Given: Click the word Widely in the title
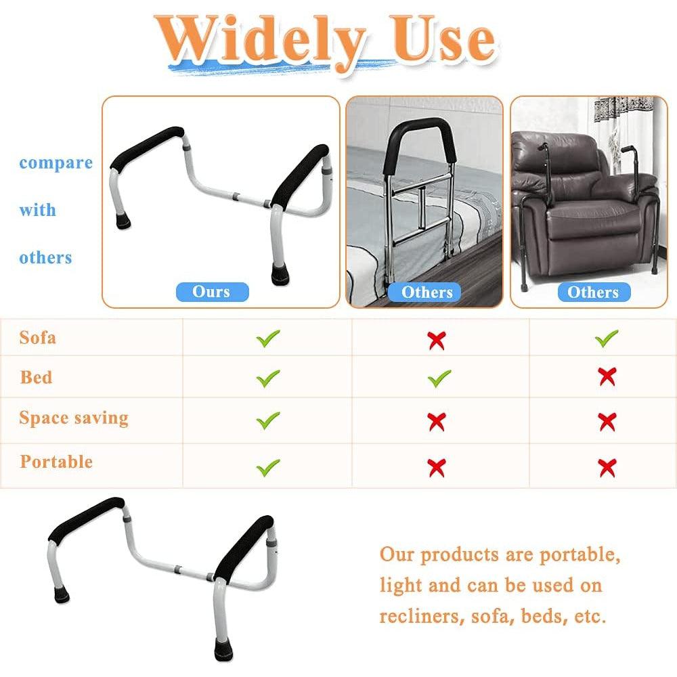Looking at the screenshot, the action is (261, 41).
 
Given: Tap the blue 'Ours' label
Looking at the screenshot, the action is (212, 292).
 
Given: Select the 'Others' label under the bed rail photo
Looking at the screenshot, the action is (424, 292).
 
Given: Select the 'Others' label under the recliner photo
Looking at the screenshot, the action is (594, 292).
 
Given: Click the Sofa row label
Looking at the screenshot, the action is (37, 337).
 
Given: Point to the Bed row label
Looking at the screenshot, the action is (36, 377).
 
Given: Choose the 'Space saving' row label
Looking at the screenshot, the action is (74, 418).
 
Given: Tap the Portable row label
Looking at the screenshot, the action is (56, 462).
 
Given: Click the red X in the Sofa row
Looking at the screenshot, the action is (437, 340).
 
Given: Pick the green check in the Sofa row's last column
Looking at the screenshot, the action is (606, 338).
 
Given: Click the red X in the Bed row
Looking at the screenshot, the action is (607, 377).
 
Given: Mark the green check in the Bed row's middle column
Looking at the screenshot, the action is (439, 378).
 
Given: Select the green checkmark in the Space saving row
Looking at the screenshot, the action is (267, 420).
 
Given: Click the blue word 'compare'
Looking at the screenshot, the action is (56, 163).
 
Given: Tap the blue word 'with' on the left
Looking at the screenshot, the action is (37, 210).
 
